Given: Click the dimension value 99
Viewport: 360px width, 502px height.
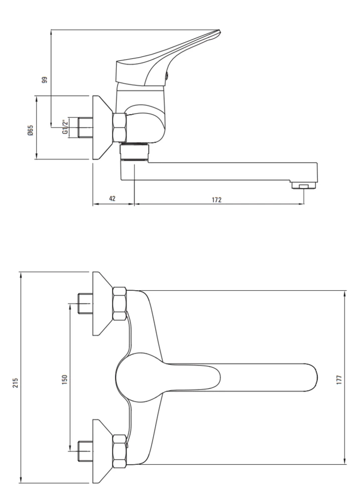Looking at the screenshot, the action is pyautogui.click(x=45, y=79).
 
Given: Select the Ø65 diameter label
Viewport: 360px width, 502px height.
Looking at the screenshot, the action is pyautogui.click(x=31, y=131).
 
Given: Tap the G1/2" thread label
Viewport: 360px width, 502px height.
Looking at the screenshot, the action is pyautogui.click(x=65, y=127).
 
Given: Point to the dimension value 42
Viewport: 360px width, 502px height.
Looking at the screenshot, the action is pyautogui.click(x=112, y=198).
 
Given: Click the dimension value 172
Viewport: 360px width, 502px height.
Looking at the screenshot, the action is pyautogui.click(x=216, y=200).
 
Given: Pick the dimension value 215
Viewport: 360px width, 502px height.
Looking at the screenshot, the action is pyautogui.click(x=16, y=383).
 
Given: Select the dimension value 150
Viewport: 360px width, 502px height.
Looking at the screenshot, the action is pyautogui.click(x=65, y=380).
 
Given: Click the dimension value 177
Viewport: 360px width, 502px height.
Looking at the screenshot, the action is pyautogui.click(x=339, y=380).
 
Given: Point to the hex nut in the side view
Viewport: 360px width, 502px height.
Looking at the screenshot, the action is pyautogui.click(x=120, y=128).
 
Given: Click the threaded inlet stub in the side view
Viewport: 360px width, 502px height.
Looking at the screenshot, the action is pyautogui.click(x=85, y=128).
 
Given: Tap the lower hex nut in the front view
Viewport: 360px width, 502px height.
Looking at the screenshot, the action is pyautogui.click(x=120, y=451).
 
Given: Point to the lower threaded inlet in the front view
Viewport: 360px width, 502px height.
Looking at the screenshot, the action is pyautogui.click(x=85, y=451).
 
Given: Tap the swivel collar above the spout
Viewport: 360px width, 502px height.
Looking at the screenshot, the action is pyautogui.click(x=134, y=152).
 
